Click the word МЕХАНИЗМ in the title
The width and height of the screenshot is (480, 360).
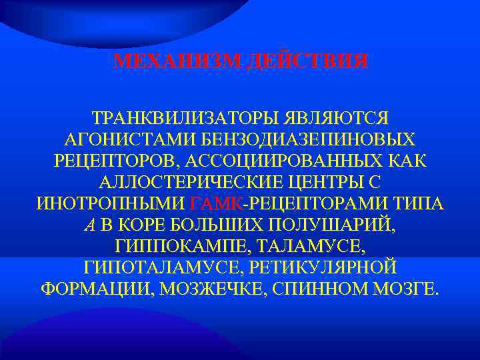[x=176, y=61]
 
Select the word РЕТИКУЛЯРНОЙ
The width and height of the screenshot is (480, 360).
[x=323, y=268]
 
